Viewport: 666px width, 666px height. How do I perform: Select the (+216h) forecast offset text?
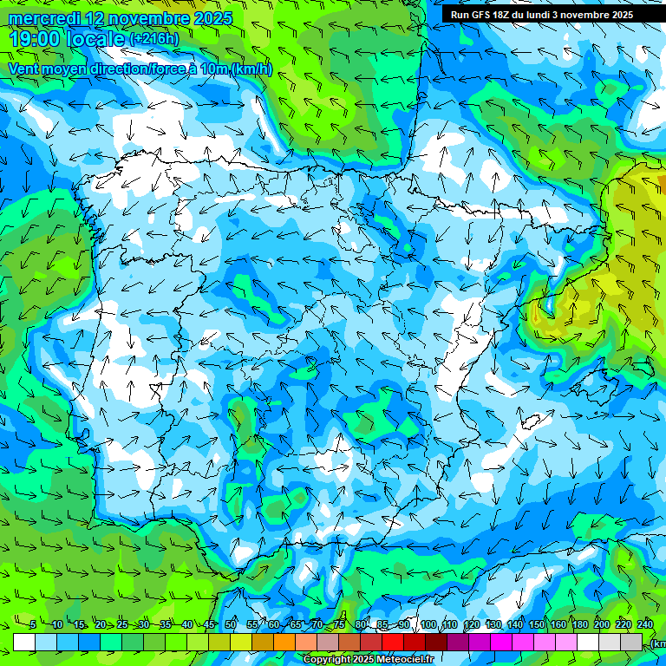(x=154, y=39)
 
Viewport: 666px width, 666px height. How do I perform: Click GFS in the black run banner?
(x=485, y=15)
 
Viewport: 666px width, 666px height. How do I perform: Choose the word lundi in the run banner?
(x=550, y=15)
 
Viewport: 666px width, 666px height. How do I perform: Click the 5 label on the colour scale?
(x=33, y=625)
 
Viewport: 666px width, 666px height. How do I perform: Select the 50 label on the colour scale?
(x=231, y=625)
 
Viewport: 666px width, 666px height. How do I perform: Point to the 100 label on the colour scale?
(x=428, y=625)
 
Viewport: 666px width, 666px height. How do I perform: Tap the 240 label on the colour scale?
(x=645, y=625)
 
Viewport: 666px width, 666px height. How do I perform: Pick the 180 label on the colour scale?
(x=580, y=625)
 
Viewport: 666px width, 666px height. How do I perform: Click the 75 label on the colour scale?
(x=339, y=625)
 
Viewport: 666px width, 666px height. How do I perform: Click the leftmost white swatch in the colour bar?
(x=24, y=642)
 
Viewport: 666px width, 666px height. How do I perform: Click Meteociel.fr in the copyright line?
(x=406, y=660)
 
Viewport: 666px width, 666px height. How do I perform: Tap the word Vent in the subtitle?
(x=23, y=69)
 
